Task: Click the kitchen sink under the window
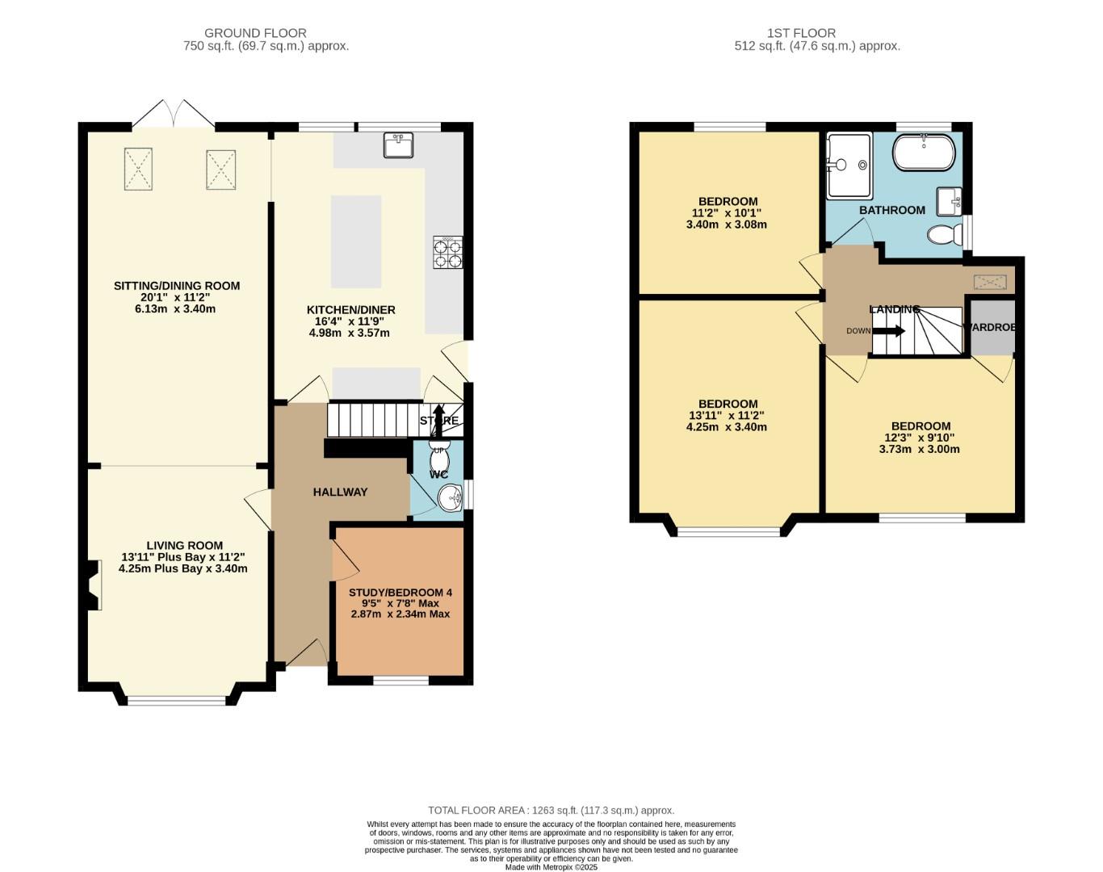point(397,145)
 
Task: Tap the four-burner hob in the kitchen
point(448,252)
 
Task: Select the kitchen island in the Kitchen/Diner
point(356,241)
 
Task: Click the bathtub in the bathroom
point(924,153)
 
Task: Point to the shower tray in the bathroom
point(849,166)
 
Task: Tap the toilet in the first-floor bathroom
point(943,235)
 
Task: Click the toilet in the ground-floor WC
point(439,453)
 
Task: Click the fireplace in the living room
point(91,585)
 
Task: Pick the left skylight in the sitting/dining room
point(138,170)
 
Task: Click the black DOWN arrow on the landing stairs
point(889,330)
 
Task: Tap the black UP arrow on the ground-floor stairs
point(438,421)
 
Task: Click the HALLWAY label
point(340,492)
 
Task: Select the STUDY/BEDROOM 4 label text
point(400,593)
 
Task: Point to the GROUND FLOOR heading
point(255,33)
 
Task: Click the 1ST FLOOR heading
point(801,33)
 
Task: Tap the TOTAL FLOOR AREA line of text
point(551,810)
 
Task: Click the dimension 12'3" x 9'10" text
point(920,438)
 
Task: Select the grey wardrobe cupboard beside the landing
point(992,327)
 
